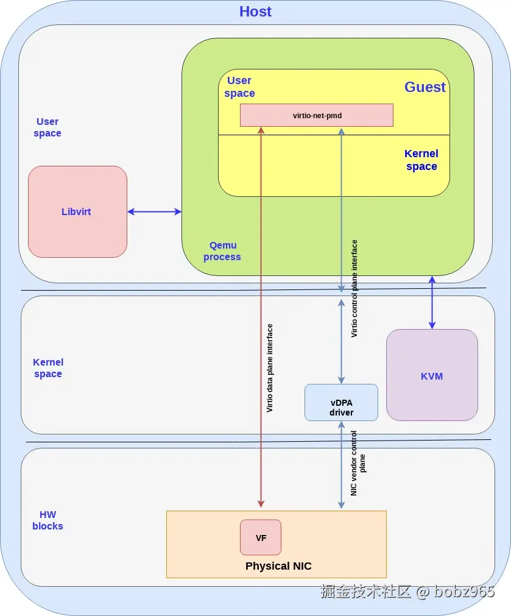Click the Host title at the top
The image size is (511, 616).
(x=255, y=12)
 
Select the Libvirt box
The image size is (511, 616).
(x=77, y=212)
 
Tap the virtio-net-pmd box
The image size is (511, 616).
(x=317, y=115)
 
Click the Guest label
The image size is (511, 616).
(x=425, y=87)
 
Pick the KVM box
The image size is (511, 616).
(x=432, y=375)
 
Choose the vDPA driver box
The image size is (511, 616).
(x=341, y=402)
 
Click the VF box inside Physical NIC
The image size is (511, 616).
(x=261, y=537)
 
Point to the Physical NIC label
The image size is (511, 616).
(x=278, y=566)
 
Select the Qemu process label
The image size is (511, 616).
(x=222, y=251)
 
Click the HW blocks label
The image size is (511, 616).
(x=48, y=520)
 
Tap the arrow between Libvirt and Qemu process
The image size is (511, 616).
(x=154, y=212)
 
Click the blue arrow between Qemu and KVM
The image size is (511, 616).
(x=432, y=302)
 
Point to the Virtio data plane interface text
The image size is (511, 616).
(x=269, y=368)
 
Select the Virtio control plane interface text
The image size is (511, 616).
(x=354, y=289)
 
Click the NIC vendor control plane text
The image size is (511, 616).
(x=358, y=463)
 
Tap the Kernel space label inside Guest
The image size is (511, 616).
(x=421, y=160)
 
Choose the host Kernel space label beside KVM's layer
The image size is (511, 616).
(x=48, y=368)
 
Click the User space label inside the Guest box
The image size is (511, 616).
(x=239, y=87)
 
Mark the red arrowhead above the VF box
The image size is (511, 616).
(x=261, y=504)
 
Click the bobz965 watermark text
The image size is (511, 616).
(x=464, y=591)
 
